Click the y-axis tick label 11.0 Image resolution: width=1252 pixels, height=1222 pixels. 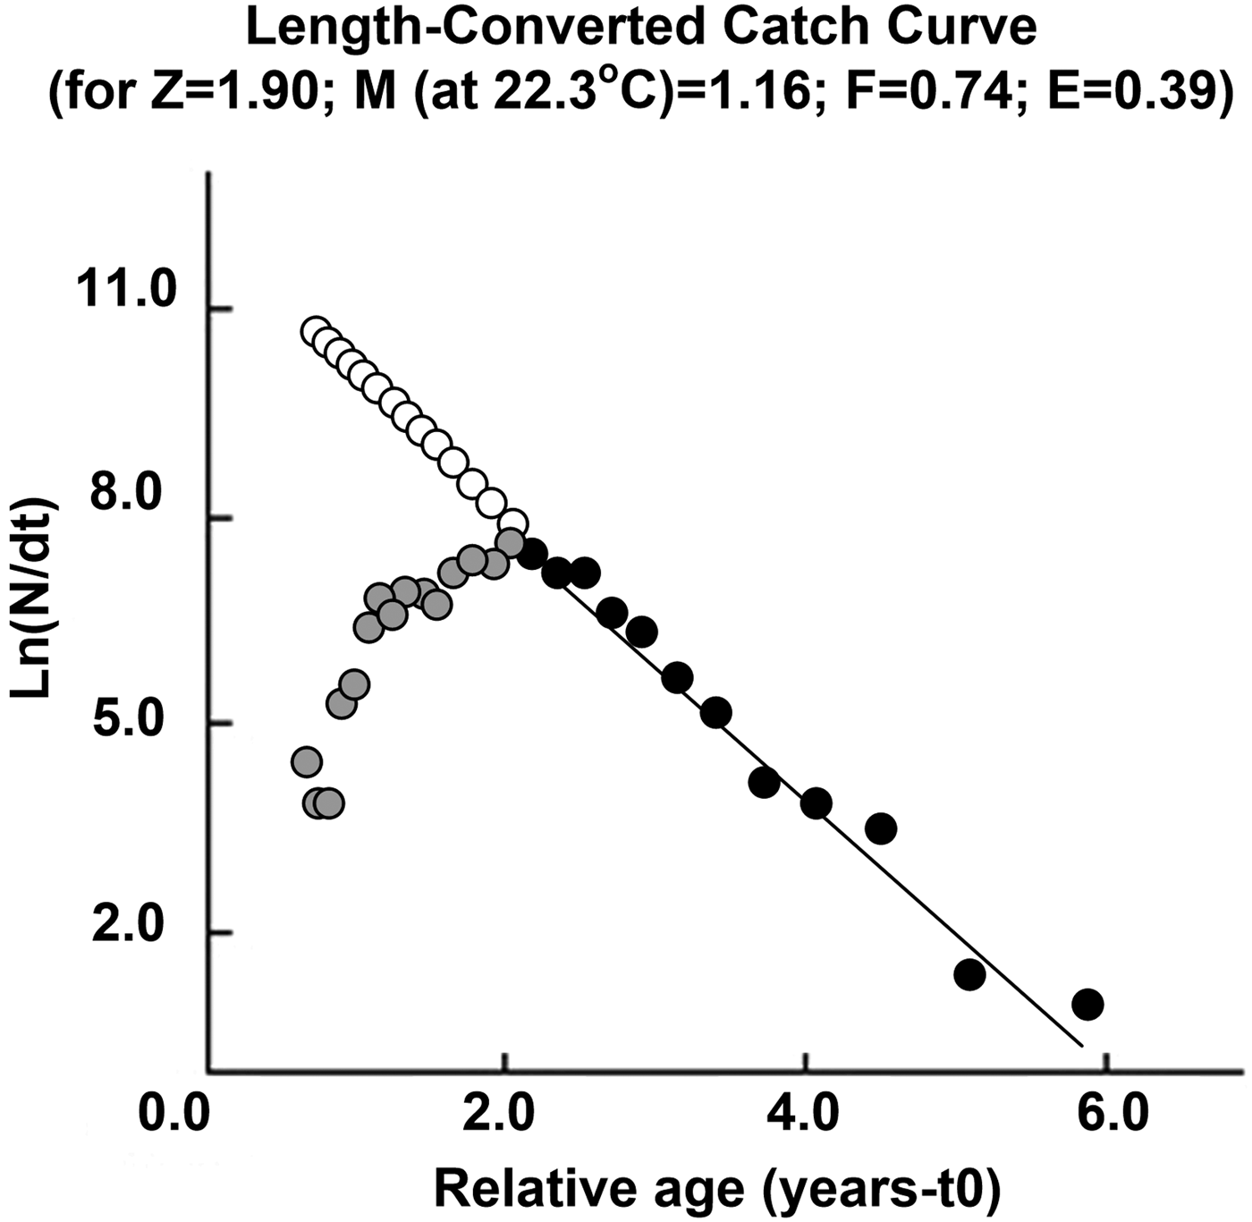pyautogui.click(x=130, y=293)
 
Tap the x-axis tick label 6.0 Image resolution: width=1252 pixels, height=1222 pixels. pyautogui.click(x=1106, y=1116)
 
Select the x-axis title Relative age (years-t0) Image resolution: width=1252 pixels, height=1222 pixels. pyautogui.click(x=716, y=1189)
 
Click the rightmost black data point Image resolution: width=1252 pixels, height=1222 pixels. pyautogui.click(x=1087, y=1005)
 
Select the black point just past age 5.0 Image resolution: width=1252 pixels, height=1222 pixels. pyautogui.click(x=969, y=974)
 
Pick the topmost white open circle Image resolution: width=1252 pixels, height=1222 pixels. pyautogui.click(x=315, y=332)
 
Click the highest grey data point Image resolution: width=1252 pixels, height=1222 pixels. pyautogui.click(x=510, y=542)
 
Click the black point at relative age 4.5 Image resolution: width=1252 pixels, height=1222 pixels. pyautogui.click(x=881, y=829)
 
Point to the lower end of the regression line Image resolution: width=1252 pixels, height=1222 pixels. pyautogui.click(x=1081, y=1044)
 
